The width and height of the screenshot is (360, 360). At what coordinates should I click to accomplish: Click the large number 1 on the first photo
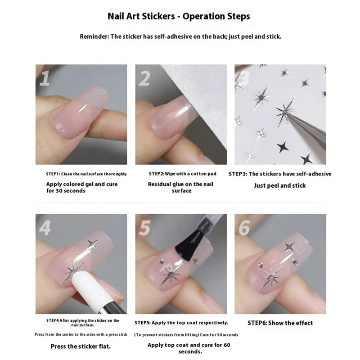45,78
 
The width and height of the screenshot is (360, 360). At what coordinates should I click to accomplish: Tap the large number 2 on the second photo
144,78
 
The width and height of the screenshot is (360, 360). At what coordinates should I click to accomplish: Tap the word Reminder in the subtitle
94,36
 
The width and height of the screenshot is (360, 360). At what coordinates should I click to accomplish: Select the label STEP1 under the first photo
53,174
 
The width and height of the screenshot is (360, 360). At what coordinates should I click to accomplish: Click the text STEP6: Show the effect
280,323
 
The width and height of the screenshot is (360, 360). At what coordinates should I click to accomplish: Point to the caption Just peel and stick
279,185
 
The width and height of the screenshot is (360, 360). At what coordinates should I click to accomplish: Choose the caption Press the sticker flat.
81,346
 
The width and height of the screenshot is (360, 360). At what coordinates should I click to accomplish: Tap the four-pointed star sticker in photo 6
289,247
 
